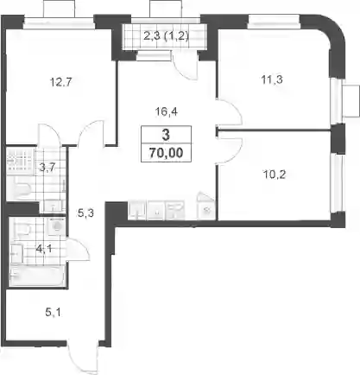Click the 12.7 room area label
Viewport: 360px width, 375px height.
tap(60, 82)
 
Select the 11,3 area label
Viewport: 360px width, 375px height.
tap(272, 79)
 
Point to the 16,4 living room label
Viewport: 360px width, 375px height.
tap(167, 111)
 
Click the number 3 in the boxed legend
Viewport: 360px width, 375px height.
tap(166, 135)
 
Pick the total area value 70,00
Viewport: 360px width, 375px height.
tap(166, 153)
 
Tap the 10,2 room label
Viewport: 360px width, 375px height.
tap(275, 175)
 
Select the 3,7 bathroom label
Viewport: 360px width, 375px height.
tap(47, 167)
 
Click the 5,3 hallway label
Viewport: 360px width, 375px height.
tap(86, 213)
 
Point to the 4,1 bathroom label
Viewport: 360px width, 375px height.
tap(44, 248)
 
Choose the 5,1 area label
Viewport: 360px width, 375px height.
tap(54, 312)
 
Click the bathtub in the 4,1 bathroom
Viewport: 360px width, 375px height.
tap(36, 276)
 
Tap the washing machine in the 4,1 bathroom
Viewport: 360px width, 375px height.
tap(57, 226)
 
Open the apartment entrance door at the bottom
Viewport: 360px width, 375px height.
tap(83, 357)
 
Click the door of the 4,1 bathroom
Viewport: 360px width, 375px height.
tap(78, 250)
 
